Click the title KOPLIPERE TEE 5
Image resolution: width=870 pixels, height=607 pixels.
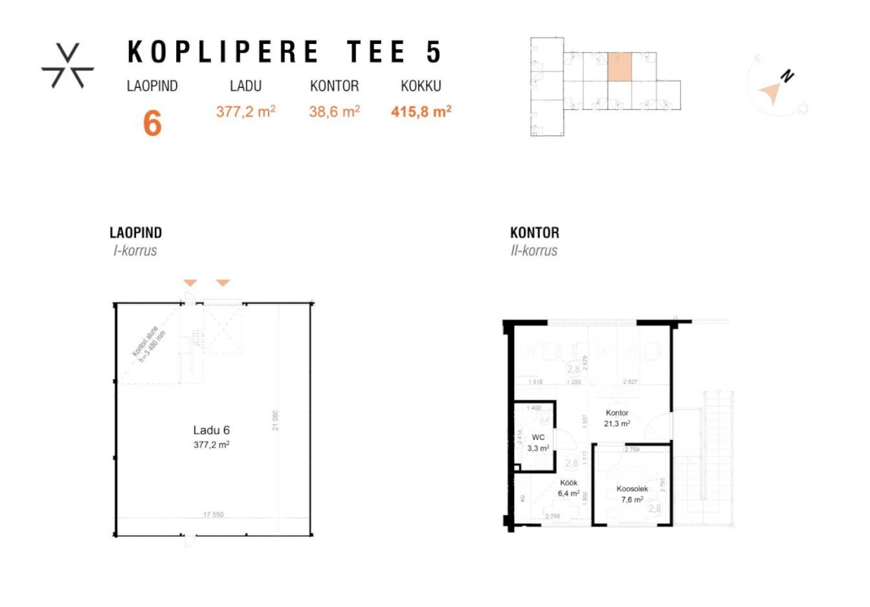click(x=284, y=52)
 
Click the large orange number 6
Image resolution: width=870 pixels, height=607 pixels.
click(x=153, y=124)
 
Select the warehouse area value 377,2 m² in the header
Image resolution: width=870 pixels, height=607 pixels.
click(x=246, y=112)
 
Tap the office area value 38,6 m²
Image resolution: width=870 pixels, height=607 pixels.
click(x=334, y=112)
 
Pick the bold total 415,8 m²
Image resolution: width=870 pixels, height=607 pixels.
click(x=421, y=112)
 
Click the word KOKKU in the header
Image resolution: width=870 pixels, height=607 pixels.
click(x=421, y=86)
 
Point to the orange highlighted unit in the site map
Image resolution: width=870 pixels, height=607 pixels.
click(x=619, y=66)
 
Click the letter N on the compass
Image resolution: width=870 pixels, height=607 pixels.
click(x=789, y=76)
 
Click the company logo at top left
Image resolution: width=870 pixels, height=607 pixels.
click(x=68, y=65)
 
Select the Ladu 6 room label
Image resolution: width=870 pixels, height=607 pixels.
click(x=211, y=430)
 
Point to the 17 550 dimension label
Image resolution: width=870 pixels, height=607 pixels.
click(x=213, y=514)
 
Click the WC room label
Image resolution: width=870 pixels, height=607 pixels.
click(x=538, y=438)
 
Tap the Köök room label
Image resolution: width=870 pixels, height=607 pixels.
click(x=569, y=483)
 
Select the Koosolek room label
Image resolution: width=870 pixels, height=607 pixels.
click(x=631, y=489)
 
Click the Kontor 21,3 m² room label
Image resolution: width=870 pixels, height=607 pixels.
click(x=617, y=418)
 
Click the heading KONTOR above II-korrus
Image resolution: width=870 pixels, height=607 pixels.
click(x=534, y=233)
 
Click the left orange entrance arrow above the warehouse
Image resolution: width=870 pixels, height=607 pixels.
click(x=190, y=283)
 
